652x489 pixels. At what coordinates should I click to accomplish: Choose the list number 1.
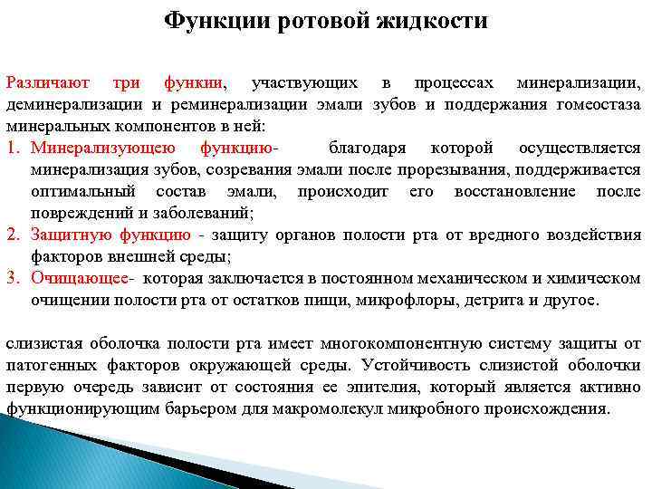click(x=13, y=148)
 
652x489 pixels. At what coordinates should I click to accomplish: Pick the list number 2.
click(x=13, y=235)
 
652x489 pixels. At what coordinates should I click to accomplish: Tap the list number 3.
click(x=13, y=278)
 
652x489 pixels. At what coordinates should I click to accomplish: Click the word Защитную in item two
click(x=72, y=235)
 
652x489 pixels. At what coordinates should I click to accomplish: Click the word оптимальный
click(x=84, y=191)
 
